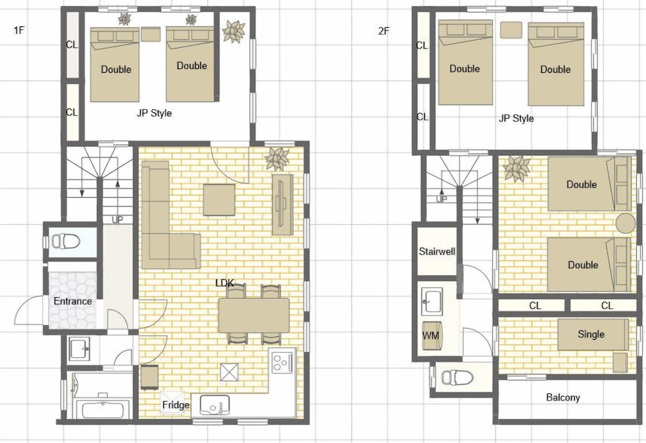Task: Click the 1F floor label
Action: (x=19, y=30)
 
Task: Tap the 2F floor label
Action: (x=384, y=31)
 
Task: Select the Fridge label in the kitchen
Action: (x=176, y=405)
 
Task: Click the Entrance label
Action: (x=72, y=301)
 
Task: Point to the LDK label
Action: (x=225, y=283)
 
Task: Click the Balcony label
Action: (x=563, y=397)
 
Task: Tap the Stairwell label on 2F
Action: (x=437, y=251)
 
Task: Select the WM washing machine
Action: (x=432, y=335)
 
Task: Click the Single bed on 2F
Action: (x=593, y=335)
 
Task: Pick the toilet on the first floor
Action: (x=65, y=241)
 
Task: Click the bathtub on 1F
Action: (x=103, y=410)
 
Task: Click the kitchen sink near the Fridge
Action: (x=214, y=405)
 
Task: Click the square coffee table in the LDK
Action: (x=219, y=200)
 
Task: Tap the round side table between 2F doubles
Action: (x=625, y=223)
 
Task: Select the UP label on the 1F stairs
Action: (x=118, y=220)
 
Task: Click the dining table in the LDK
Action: (x=254, y=315)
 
